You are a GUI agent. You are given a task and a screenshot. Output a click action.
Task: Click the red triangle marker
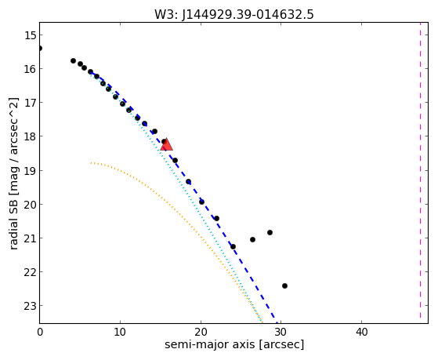coord(166,144)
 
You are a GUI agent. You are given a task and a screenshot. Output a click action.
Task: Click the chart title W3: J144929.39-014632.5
coord(234,14)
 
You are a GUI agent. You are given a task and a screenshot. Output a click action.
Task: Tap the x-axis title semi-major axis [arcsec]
coord(234,344)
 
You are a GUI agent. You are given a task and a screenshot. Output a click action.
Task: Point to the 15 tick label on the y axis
coord(30,35)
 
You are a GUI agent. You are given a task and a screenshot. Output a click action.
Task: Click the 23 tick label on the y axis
coord(30,306)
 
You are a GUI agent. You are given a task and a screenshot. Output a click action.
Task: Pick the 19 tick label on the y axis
coord(30,171)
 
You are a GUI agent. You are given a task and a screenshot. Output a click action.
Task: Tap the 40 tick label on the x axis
coord(361,332)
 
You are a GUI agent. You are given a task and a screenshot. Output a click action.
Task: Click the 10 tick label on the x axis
coord(120,332)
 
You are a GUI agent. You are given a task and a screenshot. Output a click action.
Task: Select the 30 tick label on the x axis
coord(281,332)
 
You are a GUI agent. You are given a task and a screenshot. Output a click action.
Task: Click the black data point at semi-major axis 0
coord(40,49)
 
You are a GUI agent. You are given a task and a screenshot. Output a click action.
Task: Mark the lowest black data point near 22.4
coord(284,285)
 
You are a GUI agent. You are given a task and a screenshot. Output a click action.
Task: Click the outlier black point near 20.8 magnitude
coord(270,232)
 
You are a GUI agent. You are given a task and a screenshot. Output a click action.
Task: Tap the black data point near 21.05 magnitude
coord(252,239)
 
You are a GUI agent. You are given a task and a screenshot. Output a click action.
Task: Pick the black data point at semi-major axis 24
coord(233,247)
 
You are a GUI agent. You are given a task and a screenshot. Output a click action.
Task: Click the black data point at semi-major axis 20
coord(201,202)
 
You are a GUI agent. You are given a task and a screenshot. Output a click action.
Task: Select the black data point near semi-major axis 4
coord(73,60)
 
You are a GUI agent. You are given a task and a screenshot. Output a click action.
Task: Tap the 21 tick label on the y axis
coord(30,238)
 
